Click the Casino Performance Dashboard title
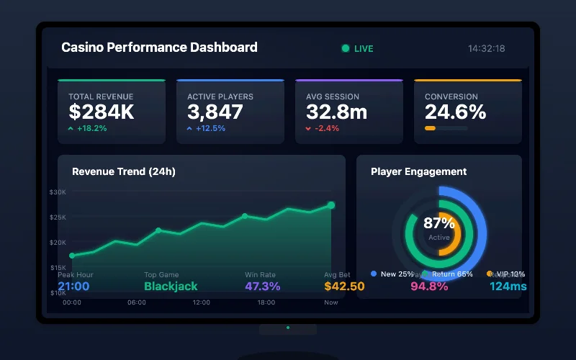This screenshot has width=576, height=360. pos(159,48)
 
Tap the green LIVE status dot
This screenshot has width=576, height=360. pos(346,48)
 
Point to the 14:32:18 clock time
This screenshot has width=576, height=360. pos(486,49)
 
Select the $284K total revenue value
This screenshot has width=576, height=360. pos(102,112)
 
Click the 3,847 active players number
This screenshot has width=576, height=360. pos(215,112)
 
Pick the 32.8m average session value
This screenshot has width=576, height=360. pos(336,112)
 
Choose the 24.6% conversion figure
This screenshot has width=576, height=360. pos(455,112)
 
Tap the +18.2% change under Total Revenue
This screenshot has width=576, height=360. pos(91,128)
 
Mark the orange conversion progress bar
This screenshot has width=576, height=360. pos(430,128)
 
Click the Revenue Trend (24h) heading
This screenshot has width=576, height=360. pos(124,171)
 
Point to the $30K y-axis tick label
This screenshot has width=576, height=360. pos(58,192)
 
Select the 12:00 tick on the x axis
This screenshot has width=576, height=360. pos(202,302)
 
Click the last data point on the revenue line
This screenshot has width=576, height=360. pos(331,205)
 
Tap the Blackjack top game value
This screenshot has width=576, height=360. pos(171,286)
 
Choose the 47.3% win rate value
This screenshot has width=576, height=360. pos(262,286)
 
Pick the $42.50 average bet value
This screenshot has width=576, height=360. pos(344,286)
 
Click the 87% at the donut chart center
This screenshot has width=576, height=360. pos(438,223)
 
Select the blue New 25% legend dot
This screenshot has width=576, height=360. pos(374,274)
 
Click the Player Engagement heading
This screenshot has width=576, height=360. pos(418,171)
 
